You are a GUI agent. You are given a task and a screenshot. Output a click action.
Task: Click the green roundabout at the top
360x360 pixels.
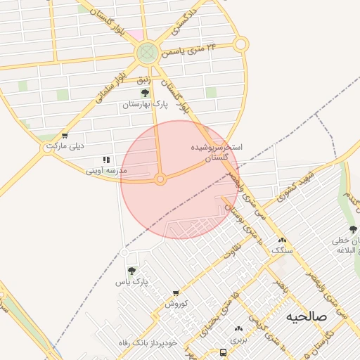click(148, 51)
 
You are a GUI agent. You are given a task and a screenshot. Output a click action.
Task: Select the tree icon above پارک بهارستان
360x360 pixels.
click(146, 93)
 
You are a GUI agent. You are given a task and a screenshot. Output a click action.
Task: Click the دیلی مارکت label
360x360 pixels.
click(65, 146)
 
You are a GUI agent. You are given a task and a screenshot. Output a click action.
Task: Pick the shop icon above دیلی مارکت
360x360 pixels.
click(65, 136)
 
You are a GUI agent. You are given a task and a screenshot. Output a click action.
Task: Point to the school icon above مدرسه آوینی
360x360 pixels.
click(106, 160)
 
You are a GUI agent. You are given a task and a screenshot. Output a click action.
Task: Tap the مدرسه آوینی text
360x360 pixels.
click(106, 170)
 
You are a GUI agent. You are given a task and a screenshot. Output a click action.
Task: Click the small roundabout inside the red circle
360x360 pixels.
click(160, 180)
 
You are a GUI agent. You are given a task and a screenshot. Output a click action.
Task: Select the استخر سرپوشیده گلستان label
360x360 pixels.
click(217, 154)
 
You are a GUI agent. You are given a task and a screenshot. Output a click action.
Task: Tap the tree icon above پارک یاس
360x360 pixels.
click(131, 271)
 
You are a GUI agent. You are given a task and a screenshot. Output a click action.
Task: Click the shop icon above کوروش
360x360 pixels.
click(176, 293)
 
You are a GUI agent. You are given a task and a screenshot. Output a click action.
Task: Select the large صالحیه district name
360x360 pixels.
click(307, 316)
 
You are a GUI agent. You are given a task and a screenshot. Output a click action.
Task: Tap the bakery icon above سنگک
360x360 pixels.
click(283, 240)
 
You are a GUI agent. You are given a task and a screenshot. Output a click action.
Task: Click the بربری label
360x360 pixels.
click(239, 338)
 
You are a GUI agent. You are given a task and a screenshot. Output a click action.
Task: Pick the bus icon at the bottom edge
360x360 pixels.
click(223, 352)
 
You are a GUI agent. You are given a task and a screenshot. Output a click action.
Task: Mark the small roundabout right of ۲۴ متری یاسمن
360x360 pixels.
click(241, 44)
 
